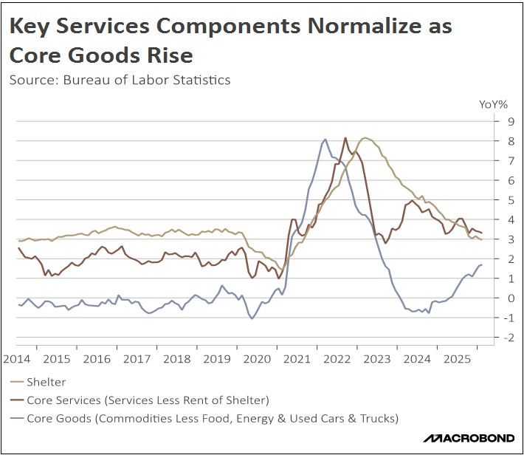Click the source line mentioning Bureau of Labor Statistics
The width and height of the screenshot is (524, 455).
click(120, 80)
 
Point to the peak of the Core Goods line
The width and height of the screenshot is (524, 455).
click(325, 140)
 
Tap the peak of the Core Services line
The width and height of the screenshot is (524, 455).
click(345, 138)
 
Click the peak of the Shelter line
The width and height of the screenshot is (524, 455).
click(365, 138)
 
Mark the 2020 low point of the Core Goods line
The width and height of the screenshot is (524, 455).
click(252, 318)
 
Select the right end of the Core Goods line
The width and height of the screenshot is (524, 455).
click(481, 265)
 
